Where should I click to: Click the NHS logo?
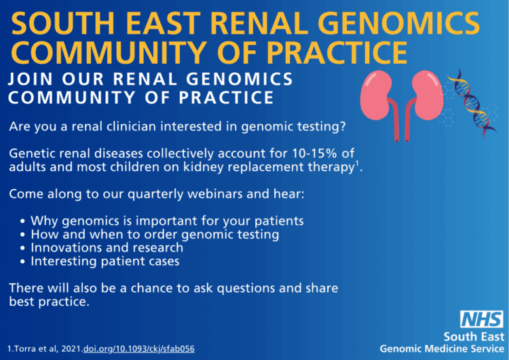click(482, 319)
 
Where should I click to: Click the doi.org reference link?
click(139, 349)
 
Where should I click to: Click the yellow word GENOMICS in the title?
click(398, 23)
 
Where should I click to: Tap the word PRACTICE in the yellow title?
click(337, 53)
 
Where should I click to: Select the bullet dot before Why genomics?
click(22, 221)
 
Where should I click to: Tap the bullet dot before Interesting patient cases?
click(22, 262)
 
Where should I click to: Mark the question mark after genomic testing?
click(343, 126)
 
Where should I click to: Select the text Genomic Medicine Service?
click(442, 349)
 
